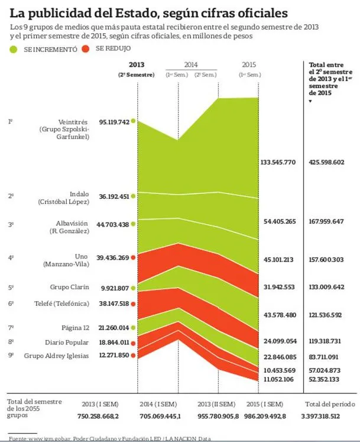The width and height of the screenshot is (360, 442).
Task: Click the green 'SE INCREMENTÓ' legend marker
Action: tap(14, 50)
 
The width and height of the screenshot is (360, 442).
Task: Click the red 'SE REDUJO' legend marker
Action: tap(86, 49)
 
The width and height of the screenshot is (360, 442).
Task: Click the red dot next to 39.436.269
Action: tap(134, 257)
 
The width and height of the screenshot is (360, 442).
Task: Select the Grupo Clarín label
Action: tap(70, 288)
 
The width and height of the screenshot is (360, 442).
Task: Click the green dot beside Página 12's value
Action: tap(134, 327)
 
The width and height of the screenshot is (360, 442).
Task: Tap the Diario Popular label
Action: tap(67, 342)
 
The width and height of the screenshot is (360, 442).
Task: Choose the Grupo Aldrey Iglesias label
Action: tap(57, 356)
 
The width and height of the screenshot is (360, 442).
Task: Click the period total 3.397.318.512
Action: tap(328, 416)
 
